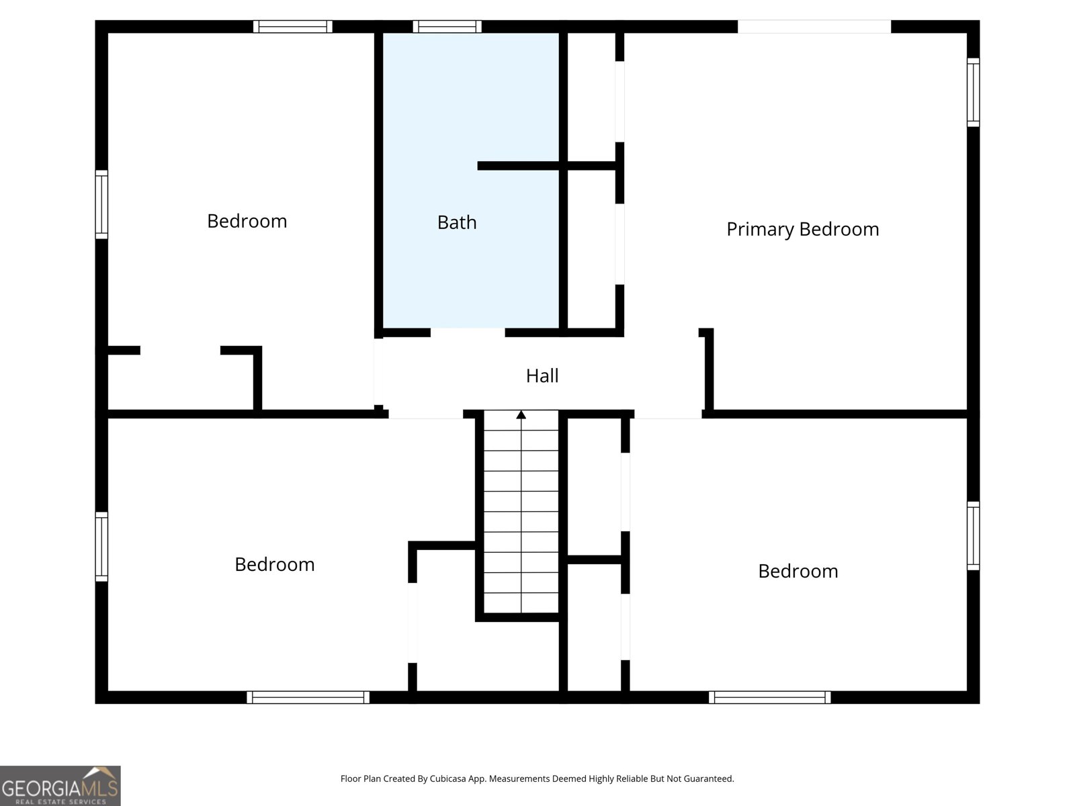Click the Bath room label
[x=457, y=222]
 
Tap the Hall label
[x=542, y=375]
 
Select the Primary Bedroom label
[x=802, y=229]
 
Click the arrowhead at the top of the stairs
[x=521, y=414]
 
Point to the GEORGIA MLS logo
[x=60, y=786]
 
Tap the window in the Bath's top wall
[x=447, y=27]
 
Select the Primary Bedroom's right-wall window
[x=973, y=92]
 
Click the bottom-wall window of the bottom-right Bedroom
[x=769, y=697]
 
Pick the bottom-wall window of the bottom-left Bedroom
[x=308, y=697]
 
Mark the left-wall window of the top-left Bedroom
[x=101, y=204]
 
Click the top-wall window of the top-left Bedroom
[x=292, y=27]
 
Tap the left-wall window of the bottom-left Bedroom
[x=101, y=546]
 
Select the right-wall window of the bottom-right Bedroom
[x=973, y=535]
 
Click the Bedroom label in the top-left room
[x=247, y=221]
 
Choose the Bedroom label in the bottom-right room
[x=798, y=571]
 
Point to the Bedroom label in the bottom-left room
[x=274, y=564]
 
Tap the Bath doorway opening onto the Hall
[x=468, y=332]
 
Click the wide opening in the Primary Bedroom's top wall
[x=814, y=27]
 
